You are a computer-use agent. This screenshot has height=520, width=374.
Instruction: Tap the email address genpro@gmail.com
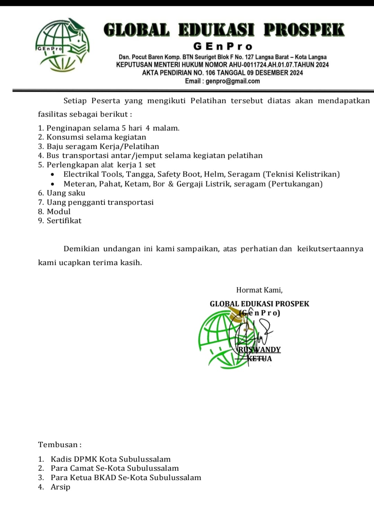[233, 81]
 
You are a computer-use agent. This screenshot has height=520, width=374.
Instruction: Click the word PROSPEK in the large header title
[304, 30]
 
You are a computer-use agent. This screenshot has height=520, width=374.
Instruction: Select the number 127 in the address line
[250, 57]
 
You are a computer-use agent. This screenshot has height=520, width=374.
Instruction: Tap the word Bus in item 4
[53, 156]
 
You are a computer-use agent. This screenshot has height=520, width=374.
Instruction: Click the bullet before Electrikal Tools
[53, 175]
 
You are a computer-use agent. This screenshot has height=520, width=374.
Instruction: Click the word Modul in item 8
[59, 211]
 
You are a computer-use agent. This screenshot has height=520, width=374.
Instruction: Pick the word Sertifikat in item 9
[64, 221]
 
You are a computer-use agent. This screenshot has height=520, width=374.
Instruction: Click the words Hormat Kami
[259, 290]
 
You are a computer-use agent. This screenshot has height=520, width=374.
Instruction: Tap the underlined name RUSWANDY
[260, 349]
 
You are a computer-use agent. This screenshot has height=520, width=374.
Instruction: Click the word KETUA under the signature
[260, 359]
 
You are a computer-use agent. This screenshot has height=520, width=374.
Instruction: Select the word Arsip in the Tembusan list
[60, 487]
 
